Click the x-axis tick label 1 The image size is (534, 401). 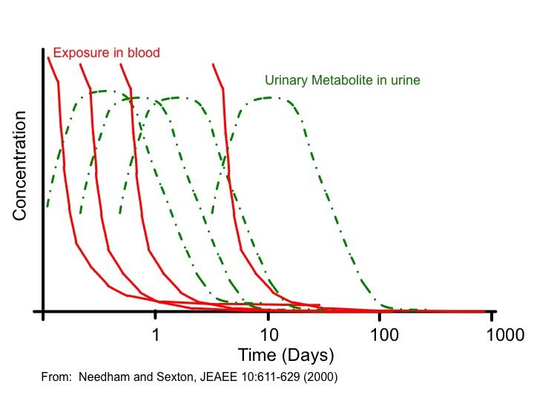click(156, 335)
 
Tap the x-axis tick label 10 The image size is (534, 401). click(269, 335)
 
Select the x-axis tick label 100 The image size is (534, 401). click(384, 335)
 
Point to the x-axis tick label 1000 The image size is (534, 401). click(505, 335)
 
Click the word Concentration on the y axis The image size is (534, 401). click(19, 166)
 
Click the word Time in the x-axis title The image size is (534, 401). click(257, 355)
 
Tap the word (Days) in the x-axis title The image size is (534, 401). click(308, 356)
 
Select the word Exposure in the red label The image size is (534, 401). click(82, 53)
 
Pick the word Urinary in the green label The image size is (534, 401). click(286, 81)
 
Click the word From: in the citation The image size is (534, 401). click(56, 377)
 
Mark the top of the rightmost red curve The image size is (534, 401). click(213, 64)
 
